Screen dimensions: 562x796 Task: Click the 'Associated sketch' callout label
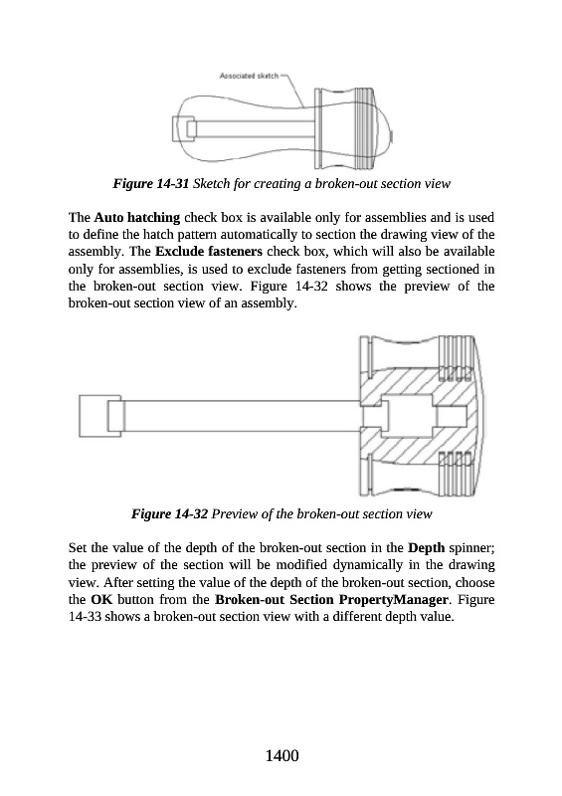point(249,77)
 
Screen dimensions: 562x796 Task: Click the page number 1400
point(281,756)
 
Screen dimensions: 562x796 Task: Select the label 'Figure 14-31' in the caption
point(151,183)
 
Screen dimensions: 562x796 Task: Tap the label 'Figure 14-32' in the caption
point(169,513)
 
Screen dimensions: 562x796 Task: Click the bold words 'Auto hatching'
point(137,218)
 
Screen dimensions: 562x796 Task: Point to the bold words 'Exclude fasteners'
point(209,252)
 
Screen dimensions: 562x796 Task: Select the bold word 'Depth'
point(427,548)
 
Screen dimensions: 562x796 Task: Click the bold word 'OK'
point(101,600)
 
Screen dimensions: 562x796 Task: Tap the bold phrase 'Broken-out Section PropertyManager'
point(332,600)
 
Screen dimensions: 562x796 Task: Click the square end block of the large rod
point(100,416)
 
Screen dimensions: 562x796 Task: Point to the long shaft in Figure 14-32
point(242,416)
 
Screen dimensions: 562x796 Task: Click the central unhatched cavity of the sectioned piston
point(410,416)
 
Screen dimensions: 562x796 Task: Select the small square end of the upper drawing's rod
point(183,128)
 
